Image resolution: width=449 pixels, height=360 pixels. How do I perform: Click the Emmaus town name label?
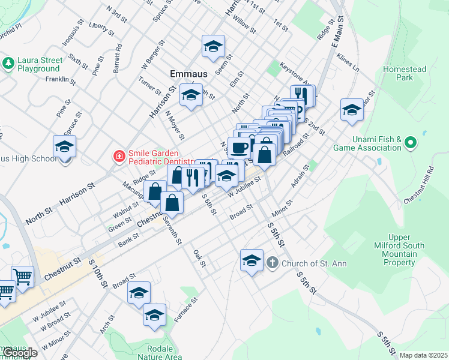188,73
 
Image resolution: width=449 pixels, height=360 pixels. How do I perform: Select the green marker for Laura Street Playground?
8,62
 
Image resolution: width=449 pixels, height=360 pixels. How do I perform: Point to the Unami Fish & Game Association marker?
411,143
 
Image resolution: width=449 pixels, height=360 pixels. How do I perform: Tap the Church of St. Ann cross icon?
272,263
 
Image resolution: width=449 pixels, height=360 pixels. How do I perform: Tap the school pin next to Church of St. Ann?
252,260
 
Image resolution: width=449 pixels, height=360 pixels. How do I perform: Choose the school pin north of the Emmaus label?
212,46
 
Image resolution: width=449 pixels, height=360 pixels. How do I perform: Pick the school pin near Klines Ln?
351,110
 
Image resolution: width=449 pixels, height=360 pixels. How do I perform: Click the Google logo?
19,353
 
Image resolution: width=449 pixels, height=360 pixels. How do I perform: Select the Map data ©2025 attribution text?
423,355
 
